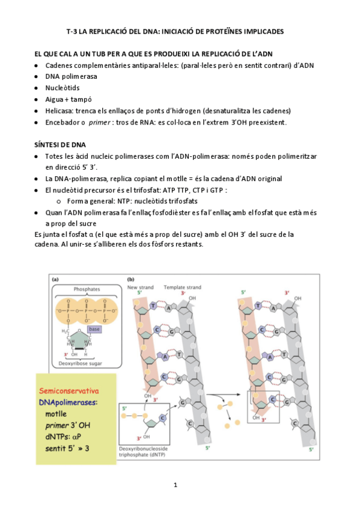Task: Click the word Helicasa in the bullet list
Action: (x=59, y=111)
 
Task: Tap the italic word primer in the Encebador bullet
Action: (x=99, y=123)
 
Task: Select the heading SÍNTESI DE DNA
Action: (x=60, y=145)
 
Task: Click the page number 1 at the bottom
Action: (x=175, y=485)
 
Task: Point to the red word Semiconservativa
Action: (x=69, y=391)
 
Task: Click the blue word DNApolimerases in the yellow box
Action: (x=67, y=402)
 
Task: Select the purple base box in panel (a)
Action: (x=94, y=329)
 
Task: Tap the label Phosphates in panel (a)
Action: (x=87, y=289)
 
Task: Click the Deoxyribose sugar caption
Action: (x=81, y=363)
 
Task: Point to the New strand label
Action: (x=141, y=287)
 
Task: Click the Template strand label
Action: (x=182, y=287)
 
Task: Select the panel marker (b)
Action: (x=130, y=280)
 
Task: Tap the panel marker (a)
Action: (x=55, y=280)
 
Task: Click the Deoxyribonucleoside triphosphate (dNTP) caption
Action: (x=143, y=452)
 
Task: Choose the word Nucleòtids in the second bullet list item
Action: (x=63, y=88)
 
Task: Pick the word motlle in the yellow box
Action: (x=56, y=414)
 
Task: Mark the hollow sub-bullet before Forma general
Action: (x=59, y=201)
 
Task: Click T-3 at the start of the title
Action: (x=72, y=31)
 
